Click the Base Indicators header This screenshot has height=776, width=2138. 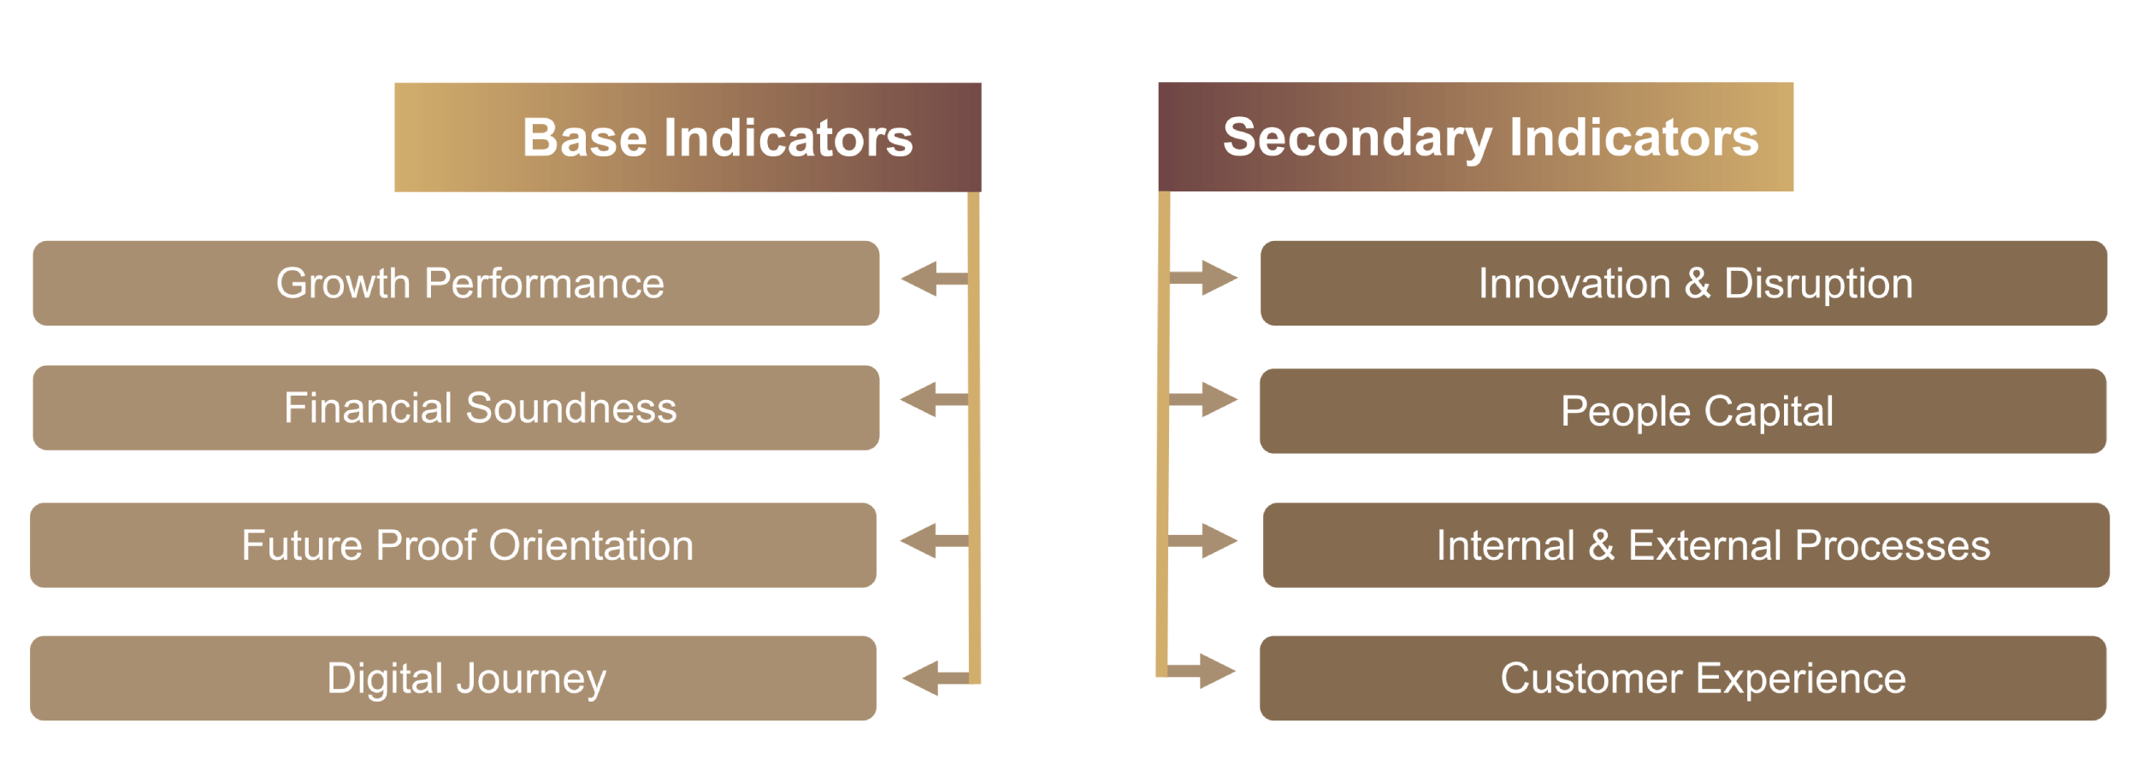(688, 137)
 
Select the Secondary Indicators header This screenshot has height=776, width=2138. (1475, 137)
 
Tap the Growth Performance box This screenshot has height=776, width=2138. (456, 283)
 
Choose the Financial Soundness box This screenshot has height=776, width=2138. (456, 408)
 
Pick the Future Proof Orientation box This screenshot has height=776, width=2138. (453, 545)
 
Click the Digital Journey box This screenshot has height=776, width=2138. (453, 678)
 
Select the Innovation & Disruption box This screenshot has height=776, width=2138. (1683, 283)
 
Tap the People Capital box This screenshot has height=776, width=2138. (1682, 411)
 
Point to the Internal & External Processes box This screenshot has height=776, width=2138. (1686, 545)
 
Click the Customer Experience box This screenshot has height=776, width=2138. (1682, 678)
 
